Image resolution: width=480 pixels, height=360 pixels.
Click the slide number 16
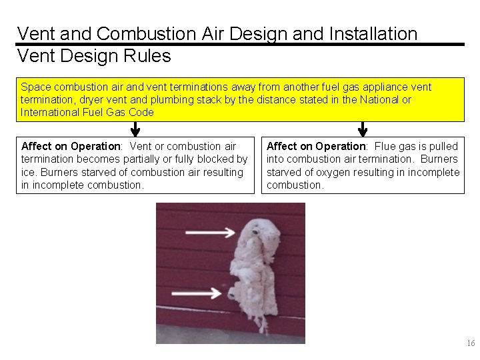(x=471, y=343)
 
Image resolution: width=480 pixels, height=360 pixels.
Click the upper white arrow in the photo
(x=209, y=233)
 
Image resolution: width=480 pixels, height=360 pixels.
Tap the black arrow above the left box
(x=135, y=129)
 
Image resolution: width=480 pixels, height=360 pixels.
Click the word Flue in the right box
(x=385, y=146)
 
